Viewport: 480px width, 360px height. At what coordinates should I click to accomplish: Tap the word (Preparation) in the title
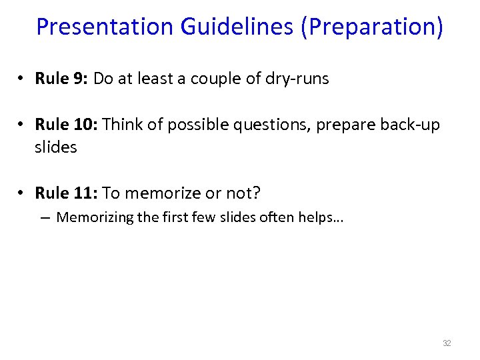tap(372, 27)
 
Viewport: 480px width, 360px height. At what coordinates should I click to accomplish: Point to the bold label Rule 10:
tap(67, 125)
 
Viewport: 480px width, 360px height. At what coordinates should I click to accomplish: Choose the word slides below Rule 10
tap(56, 147)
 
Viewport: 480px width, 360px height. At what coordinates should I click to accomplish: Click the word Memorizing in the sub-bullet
tap(94, 217)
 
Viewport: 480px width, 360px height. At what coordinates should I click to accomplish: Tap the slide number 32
tap(447, 343)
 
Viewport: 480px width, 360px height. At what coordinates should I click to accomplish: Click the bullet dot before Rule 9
tap(22, 79)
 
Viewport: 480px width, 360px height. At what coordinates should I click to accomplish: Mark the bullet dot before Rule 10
tap(22, 125)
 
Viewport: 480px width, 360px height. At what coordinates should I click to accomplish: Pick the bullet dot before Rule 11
tap(22, 194)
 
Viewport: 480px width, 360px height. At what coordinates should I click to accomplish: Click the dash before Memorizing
tap(46, 218)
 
